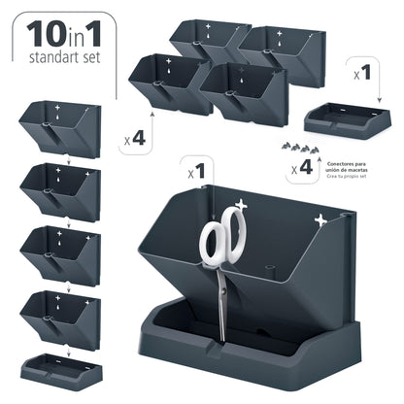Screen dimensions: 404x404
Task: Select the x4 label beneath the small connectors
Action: [x=303, y=168]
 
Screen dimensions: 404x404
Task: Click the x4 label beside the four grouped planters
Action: [x=135, y=139]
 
